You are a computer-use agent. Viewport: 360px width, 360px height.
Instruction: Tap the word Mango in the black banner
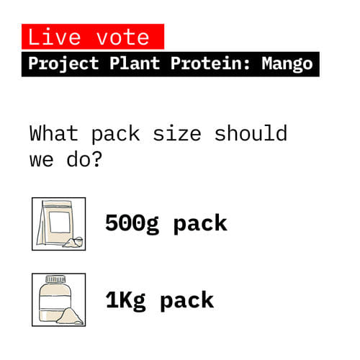[x=287, y=64]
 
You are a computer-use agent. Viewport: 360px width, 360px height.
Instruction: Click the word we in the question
[x=42, y=158]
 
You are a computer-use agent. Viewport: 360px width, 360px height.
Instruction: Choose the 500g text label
[x=135, y=223]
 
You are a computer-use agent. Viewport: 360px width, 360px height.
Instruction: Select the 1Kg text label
[x=127, y=300]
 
